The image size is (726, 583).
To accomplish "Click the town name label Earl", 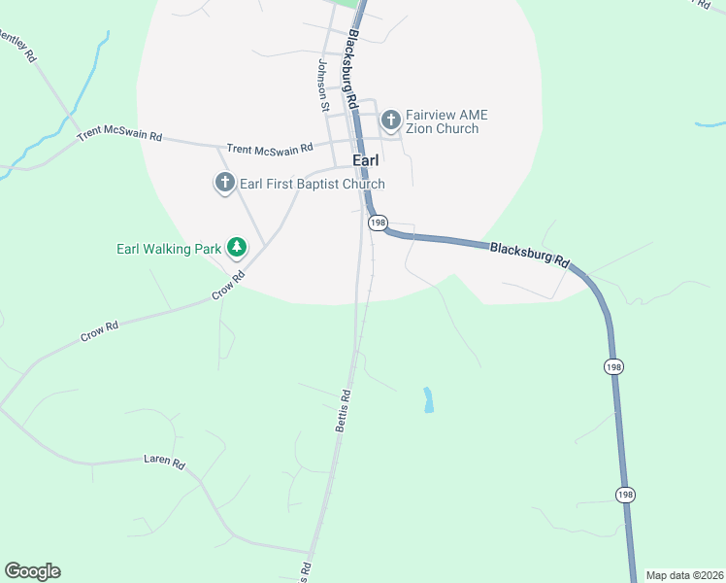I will pyautogui.click(x=365, y=163).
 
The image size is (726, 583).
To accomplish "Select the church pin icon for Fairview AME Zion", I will pyautogui.click(x=391, y=120).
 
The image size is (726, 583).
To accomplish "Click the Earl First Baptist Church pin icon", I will pyautogui.click(x=225, y=182).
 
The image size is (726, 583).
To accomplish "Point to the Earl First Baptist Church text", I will pyautogui.click(x=313, y=184).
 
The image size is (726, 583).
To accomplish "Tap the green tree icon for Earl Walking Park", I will pyautogui.click(x=236, y=248).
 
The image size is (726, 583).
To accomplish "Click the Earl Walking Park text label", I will pyautogui.click(x=170, y=249).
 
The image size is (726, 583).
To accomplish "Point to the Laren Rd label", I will pyautogui.click(x=163, y=462).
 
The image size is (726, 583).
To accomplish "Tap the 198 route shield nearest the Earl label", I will pyautogui.click(x=378, y=223).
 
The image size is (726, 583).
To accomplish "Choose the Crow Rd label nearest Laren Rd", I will pyautogui.click(x=98, y=331).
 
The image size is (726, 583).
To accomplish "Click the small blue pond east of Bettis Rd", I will pyautogui.click(x=428, y=400).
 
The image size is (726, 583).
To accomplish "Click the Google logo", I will pyautogui.click(x=32, y=571).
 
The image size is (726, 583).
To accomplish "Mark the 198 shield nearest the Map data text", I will pyautogui.click(x=625, y=496).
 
